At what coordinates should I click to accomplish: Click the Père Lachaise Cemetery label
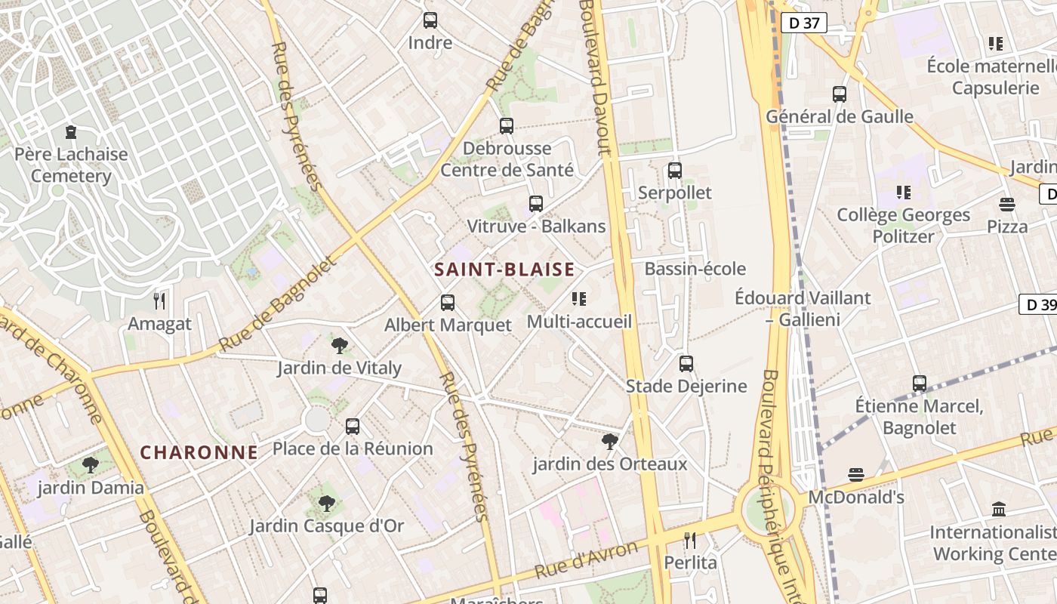71,165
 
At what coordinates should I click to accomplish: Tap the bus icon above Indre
430,20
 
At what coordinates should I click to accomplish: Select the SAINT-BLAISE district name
504,270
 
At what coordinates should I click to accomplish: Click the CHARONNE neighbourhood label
199,452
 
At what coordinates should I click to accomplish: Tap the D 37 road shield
803,23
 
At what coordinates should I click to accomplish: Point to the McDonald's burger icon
855,475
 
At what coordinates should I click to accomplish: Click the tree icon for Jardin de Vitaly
340,346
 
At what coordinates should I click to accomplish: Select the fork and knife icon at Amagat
159,301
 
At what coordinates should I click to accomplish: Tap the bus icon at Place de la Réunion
353,427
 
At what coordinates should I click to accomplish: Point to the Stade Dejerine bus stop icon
686,364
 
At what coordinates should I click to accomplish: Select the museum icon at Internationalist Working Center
999,509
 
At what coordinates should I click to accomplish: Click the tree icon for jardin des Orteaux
610,441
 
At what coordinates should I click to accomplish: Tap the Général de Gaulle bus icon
840,94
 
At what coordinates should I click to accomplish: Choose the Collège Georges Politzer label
904,226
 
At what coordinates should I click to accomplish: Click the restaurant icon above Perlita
690,540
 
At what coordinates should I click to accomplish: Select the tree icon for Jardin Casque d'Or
327,504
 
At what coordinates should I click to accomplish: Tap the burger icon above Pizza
1007,204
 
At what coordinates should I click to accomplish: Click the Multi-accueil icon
579,299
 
